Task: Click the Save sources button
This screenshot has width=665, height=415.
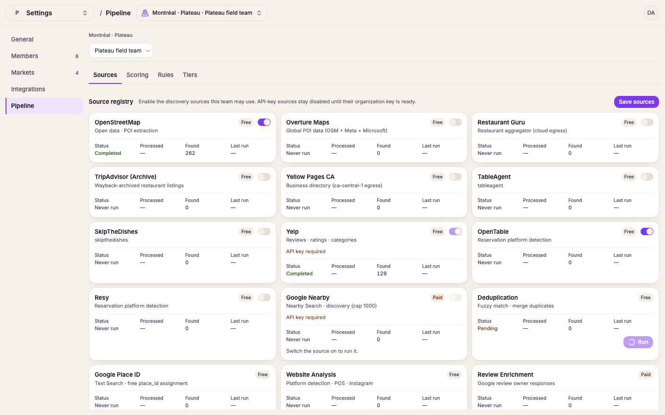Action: [636, 101]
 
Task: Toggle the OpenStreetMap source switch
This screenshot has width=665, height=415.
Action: [264, 122]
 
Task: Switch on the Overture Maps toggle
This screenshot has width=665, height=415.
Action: [455, 122]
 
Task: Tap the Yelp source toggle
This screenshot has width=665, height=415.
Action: [455, 231]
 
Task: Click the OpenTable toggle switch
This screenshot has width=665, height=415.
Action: [647, 231]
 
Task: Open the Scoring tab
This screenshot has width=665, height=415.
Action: [137, 75]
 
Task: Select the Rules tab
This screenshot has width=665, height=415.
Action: [165, 75]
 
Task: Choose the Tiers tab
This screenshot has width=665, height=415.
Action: [190, 75]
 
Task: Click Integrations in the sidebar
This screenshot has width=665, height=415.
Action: [28, 89]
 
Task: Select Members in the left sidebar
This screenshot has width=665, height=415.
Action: [24, 56]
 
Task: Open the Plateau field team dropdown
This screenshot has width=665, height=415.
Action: [121, 50]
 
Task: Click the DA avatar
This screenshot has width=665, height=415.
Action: [651, 13]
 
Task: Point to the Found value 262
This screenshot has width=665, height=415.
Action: [190, 153]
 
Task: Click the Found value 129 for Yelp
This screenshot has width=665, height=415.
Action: [381, 273]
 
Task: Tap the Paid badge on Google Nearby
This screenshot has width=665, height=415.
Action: [437, 297]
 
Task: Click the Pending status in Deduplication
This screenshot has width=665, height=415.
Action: [487, 328]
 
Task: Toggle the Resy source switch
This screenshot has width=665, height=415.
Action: [264, 297]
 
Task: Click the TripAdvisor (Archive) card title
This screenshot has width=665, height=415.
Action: [125, 177]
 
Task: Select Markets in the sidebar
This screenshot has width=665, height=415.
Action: [23, 72]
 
